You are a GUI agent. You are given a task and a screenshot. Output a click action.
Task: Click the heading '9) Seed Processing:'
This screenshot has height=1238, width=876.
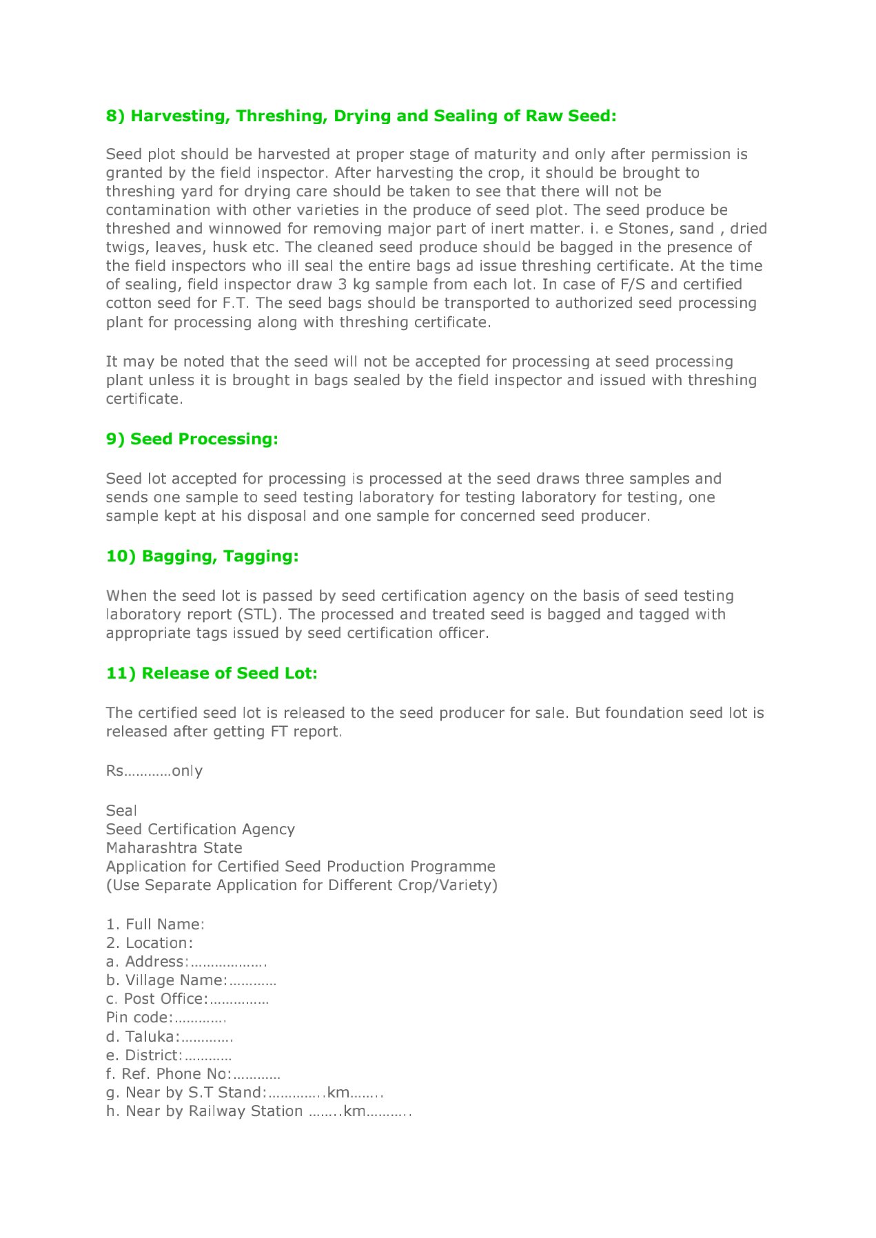[192, 439]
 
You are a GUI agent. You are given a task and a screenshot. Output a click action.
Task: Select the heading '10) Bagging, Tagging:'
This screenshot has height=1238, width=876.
[202, 556]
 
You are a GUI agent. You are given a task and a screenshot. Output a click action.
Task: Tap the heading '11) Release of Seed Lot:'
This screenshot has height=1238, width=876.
[212, 673]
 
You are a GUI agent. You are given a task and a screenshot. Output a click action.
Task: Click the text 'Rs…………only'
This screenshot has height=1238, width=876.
[154, 771]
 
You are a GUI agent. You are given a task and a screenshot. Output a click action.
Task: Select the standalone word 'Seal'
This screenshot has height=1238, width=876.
[121, 811]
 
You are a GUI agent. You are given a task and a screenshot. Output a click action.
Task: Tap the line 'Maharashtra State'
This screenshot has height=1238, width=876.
[174, 848]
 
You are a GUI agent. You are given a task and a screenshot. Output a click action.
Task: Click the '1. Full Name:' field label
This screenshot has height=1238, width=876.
[155, 925]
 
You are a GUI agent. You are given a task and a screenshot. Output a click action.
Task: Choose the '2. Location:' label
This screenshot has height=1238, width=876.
[150, 943]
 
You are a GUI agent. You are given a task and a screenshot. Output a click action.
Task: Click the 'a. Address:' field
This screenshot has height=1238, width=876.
[186, 962]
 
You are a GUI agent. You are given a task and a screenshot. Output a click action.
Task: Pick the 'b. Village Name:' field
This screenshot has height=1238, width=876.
[191, 980]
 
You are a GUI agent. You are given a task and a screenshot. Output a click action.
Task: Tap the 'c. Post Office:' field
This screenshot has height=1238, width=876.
[187, 999]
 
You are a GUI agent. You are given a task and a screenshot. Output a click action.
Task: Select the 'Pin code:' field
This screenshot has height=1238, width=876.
[166, 1018]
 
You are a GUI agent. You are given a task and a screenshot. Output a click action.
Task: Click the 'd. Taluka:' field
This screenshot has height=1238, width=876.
[170, 1037]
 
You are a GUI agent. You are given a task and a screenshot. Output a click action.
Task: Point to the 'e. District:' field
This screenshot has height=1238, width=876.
[168, 1055]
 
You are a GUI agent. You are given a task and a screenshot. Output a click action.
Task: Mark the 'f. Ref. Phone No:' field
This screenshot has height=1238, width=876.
[193, 1074]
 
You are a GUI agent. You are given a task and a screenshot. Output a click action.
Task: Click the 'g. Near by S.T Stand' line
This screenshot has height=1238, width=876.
[245, 1093]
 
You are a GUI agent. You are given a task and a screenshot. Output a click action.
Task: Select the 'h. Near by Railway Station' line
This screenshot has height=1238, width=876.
[258, 1111]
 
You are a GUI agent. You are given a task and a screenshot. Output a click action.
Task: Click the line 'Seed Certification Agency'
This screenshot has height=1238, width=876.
[200, 829]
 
